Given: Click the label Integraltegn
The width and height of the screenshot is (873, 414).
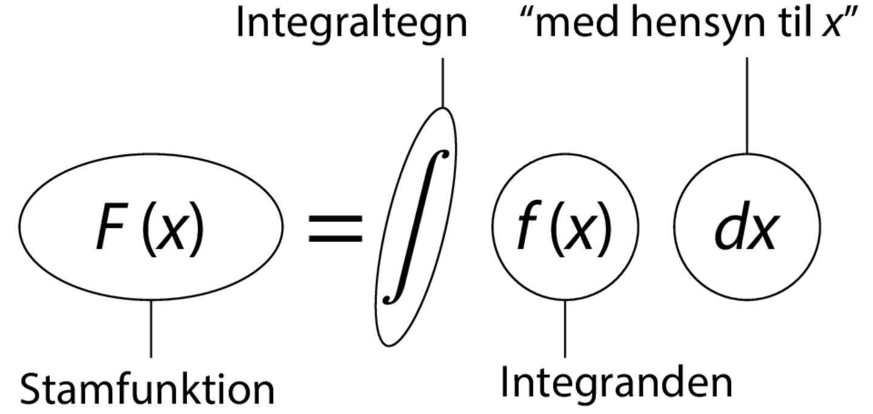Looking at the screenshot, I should click(351, 24).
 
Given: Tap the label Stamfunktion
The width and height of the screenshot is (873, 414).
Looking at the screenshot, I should click(147, 390).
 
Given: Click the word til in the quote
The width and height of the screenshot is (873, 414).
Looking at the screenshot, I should click(785, 24).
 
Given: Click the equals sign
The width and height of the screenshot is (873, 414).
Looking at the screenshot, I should click(336, 231).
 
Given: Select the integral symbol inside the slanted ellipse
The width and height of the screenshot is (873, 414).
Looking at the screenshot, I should click(416, 227).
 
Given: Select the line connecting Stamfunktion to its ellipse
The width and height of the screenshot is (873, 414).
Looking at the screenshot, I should click(150, 327).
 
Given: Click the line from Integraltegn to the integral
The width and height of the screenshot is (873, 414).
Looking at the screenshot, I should click(443, 82).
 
